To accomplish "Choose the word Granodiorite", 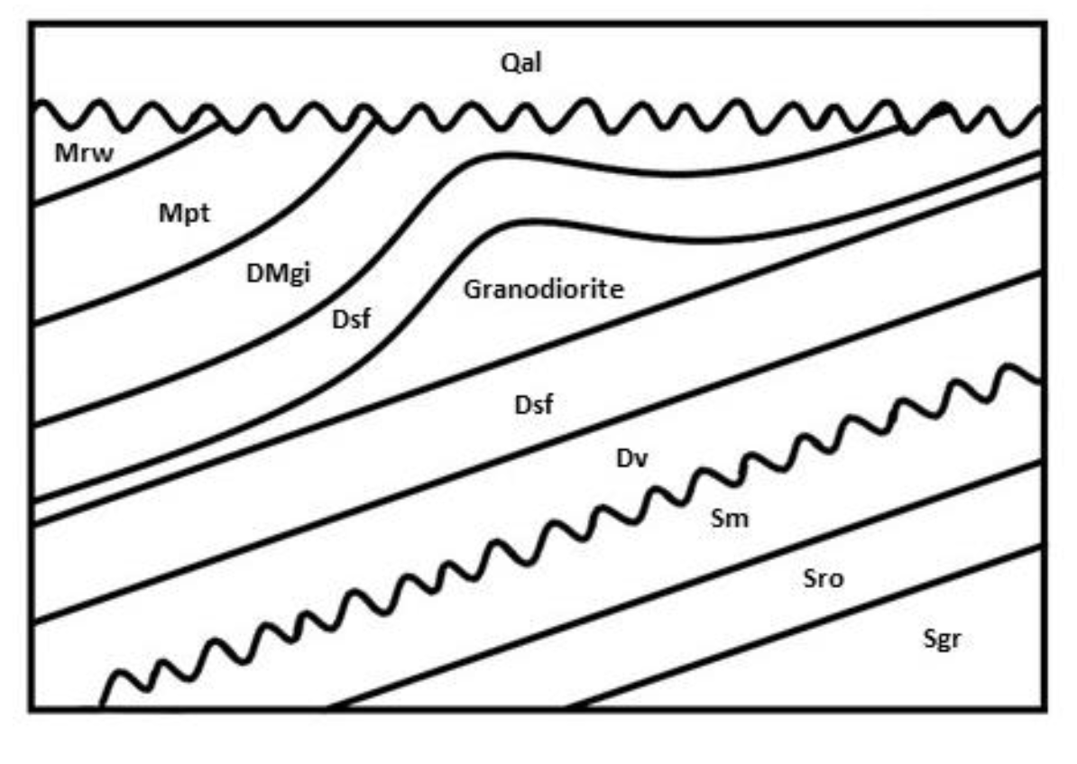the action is [544, 290].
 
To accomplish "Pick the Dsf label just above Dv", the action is [533, 405].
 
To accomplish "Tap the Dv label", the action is [633, 459].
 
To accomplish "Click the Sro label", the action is [823, 578].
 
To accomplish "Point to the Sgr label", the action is [944, 640].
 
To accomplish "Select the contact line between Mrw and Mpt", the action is [126, 167].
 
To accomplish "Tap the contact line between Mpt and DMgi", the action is [226, 262].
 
